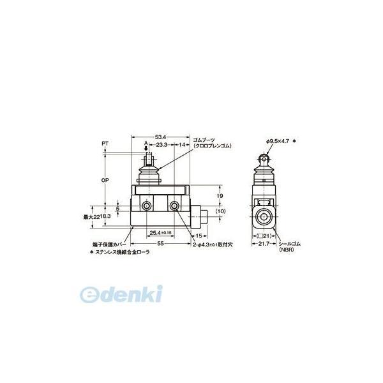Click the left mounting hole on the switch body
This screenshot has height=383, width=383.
pyautogui.click(x=147, y=206)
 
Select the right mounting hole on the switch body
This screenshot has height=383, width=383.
pyautogui.click(x=174, y=206)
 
